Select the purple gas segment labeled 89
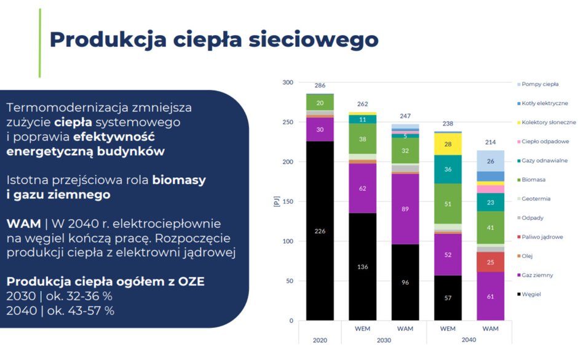405,209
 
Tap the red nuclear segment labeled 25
490,262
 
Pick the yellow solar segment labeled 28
448,144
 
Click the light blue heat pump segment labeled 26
490,161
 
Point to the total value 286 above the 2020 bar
320,86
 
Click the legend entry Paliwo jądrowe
542,237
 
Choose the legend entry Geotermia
536,199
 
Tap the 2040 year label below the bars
469,339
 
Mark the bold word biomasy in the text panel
180,180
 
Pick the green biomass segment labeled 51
448,204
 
